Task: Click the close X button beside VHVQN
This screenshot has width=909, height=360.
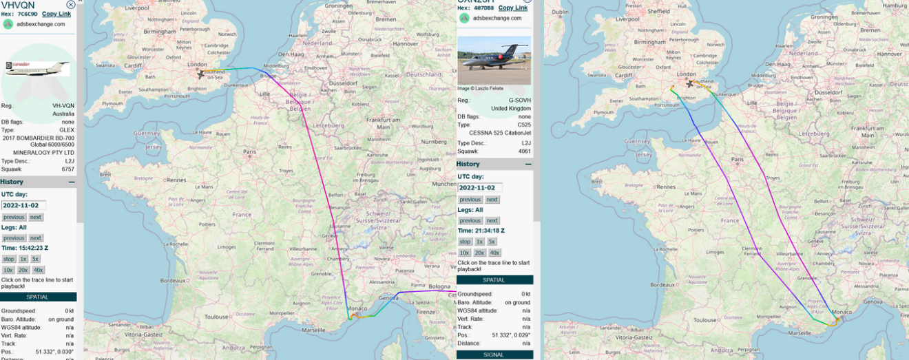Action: [x=71, y=5]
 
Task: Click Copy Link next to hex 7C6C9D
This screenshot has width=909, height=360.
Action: [x=56, y=14]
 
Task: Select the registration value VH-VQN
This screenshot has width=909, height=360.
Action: [x=63, y=106]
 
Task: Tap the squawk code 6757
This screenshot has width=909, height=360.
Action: [x=67, y=169]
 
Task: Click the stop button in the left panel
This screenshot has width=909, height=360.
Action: [x=8, y=260]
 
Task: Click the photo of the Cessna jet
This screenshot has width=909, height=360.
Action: [x=494, y=61]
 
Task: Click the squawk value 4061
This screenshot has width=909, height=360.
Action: [x=524, y=151]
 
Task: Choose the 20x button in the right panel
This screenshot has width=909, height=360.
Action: [x=479, y=253]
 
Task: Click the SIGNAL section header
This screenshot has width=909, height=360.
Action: [x=494, y=354]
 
